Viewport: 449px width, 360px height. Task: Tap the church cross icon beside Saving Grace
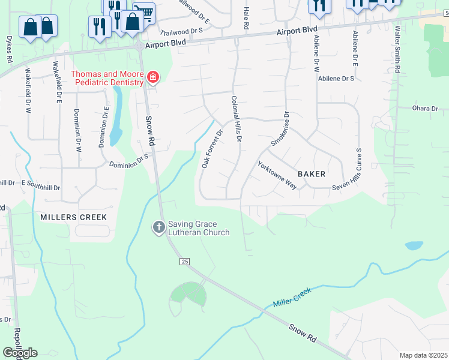tap(158, 227)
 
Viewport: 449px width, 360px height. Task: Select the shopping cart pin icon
tap(143, 12)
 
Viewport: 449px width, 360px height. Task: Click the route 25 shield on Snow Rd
tap(184, 261)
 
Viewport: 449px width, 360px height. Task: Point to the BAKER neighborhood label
tap(311, 174)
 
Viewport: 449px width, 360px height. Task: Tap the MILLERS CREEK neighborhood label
tap(73, 217)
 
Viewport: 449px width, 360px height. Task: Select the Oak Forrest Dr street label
tap(212, 148)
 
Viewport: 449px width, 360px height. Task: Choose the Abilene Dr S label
tap(336, 79)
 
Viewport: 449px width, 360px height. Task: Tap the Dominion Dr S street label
tap(128, 161)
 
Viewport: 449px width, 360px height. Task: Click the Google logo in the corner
tap(19, 353)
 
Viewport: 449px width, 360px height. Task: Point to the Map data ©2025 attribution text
tap(423, 355)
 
